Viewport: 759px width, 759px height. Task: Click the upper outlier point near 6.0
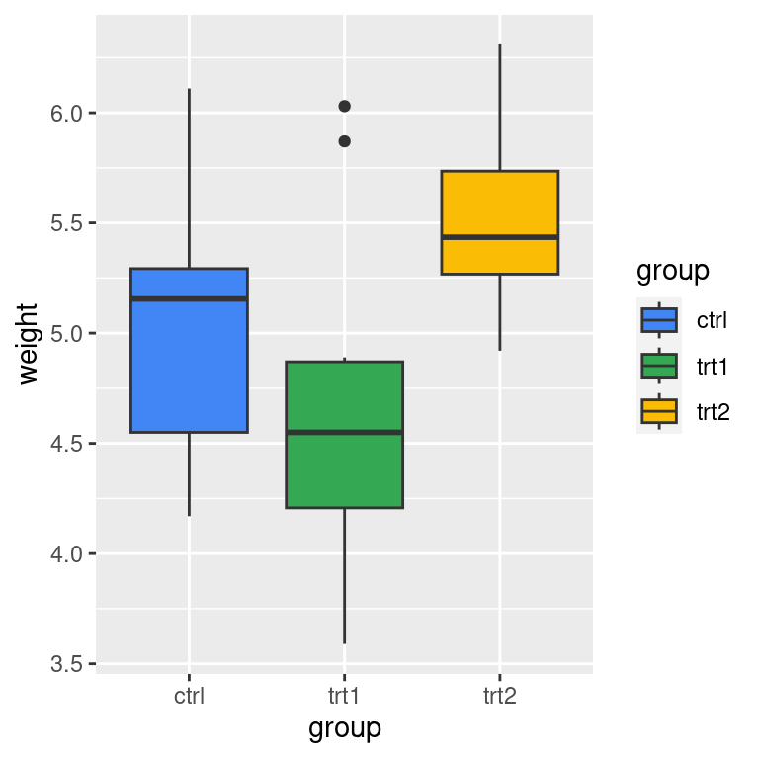tap(344, 106)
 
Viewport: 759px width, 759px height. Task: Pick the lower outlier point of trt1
tap(344, 141)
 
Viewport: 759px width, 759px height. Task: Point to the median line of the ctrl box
tap(189, 298)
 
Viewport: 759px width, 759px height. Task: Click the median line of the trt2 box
tap(499, 237)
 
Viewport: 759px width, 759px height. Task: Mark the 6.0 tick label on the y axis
tap(67, 114)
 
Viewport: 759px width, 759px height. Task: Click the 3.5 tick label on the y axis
tap(67, 664)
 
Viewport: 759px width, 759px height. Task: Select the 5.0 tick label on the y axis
tap(67, 334)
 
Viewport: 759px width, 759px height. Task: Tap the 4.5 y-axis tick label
tap(67, 444)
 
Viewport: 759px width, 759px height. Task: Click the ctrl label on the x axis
tap(189, 697)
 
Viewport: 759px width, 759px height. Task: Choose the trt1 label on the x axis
tap(344, 697)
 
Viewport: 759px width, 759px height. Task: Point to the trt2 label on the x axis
tap(499, 697)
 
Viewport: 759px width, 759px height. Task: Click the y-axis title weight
tap(28, 344)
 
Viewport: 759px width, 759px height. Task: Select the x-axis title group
tap(344, 729)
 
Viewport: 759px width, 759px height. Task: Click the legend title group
tap(672, 271)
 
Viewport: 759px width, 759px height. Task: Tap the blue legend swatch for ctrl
tap(659, 319)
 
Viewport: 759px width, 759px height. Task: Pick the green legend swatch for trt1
tap(659, 366)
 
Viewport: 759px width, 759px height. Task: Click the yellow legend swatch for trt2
tap(659, 411)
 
